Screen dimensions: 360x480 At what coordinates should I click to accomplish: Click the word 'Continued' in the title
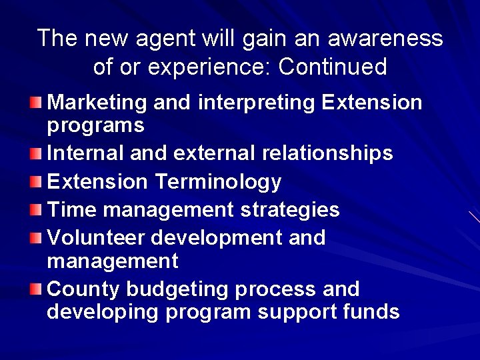tap(333, 67)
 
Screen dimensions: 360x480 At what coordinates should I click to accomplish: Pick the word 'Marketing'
tap(97, 103)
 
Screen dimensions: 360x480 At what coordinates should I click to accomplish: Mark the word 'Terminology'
tap(218, 182)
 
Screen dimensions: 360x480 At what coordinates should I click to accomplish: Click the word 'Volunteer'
tap(97, 237)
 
